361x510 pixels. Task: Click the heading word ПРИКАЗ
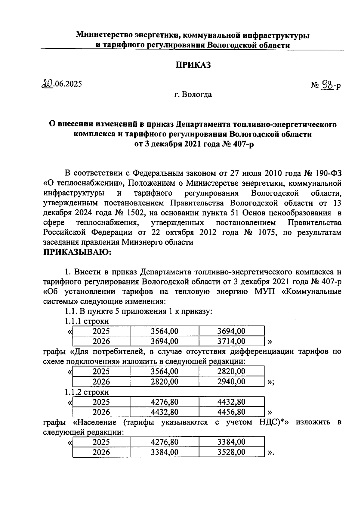[193, 65]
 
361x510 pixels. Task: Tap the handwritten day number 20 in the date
[48, 84]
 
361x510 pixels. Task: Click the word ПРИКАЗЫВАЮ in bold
[78, 252]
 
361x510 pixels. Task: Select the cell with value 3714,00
[231, 341]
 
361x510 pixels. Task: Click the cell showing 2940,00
[231, 382]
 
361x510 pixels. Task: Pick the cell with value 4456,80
[231, 412]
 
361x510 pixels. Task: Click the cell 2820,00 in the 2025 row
[231, 371]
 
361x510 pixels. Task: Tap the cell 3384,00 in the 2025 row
[231, 442]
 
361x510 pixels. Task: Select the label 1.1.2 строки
[87, 392]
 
